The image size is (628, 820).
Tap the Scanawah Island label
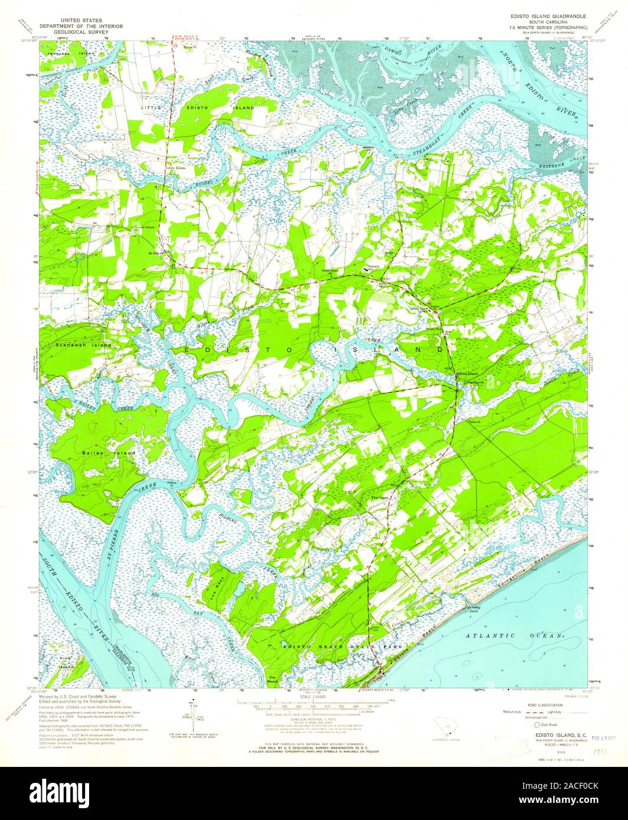[82, 344]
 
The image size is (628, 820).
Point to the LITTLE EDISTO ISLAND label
[197, 109]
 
